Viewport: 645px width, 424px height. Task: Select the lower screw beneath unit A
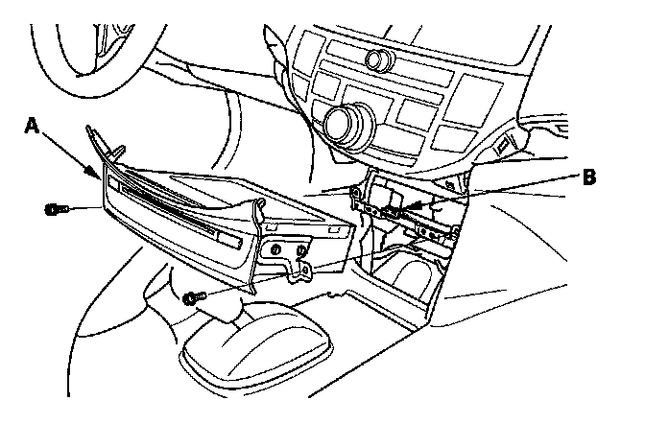click(192, 297)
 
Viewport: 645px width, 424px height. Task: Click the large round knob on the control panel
click(343, 122)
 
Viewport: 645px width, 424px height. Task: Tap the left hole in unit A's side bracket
click(277, 250)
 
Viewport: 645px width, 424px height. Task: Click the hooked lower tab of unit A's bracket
click(301, 272)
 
